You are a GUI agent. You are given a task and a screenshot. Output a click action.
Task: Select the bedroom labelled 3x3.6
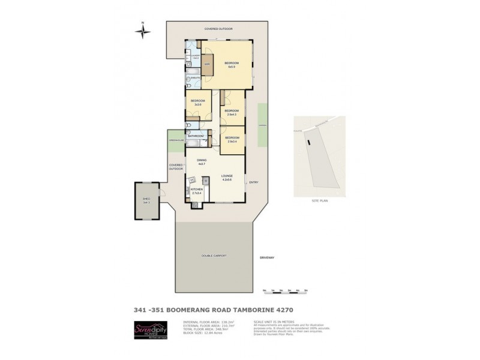pyautogui.click(x=198, y=102)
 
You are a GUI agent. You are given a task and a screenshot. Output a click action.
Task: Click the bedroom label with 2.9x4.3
pyautogui.click(x=232, y=112)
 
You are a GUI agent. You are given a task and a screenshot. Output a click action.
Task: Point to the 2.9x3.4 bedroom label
pyautogui.click(x=232, y=140)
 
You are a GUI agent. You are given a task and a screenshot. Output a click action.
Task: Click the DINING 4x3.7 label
pyautogui.click(x=202, y=161)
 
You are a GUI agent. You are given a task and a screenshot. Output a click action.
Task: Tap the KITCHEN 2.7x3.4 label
pyautogui.click(x=197, y=191)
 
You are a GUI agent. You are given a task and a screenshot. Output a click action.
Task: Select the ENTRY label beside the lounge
pyautogui.click(x=253, y=182)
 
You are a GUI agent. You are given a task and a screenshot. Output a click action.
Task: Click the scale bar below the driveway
pyautogui.click(x=285, y=291)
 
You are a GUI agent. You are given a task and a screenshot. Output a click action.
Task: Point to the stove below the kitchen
pyautogui.click(x=196, y=205)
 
